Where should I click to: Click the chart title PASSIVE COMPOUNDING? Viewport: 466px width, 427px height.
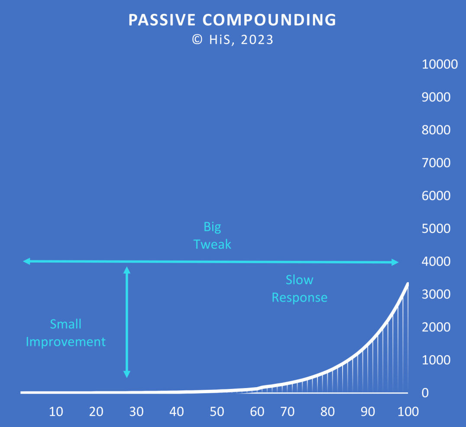pos(232,20)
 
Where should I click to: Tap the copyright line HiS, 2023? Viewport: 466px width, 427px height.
pos(233,40)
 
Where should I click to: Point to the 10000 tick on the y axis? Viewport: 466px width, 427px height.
pos(440,64)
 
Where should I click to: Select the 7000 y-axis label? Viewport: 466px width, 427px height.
pos(436,163)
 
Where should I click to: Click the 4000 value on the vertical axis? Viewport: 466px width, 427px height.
pos(436,261)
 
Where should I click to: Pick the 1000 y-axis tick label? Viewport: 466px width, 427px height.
pos(436,360)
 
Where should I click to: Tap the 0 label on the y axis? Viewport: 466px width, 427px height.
pos(425,393)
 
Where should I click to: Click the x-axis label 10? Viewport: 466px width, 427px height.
pos(56,411)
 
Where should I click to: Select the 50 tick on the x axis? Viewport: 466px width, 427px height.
pos(217,411)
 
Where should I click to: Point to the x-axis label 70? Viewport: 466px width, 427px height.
pos(288,411)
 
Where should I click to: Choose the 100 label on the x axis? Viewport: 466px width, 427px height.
pos(408,411)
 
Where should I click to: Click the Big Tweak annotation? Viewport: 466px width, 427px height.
pos(212,235)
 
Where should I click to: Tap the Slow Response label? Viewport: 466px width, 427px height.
pos(300,289)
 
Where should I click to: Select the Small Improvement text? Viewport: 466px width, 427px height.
pos(66,333)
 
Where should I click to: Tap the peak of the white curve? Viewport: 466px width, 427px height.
pos(408,283)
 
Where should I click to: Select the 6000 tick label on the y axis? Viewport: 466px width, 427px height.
pos(436,196)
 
